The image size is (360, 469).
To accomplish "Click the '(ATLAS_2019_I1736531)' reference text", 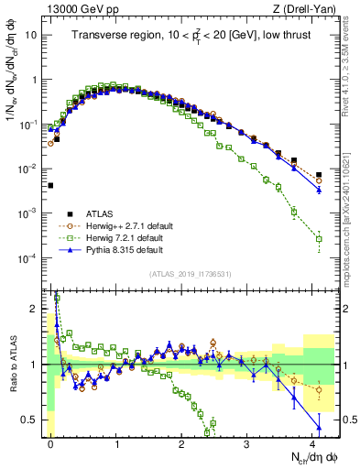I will point(190,274).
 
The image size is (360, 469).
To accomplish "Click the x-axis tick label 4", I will point(312,442).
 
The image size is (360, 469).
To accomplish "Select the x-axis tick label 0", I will point(50,442).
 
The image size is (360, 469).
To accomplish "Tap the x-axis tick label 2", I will point(181,442).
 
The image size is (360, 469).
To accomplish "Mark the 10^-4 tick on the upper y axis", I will point(29,257).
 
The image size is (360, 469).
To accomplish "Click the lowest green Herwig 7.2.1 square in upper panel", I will point(319,239).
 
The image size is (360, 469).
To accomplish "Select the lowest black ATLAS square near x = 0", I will point(50,185).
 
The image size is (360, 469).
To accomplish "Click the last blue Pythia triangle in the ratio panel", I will point(319,428).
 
